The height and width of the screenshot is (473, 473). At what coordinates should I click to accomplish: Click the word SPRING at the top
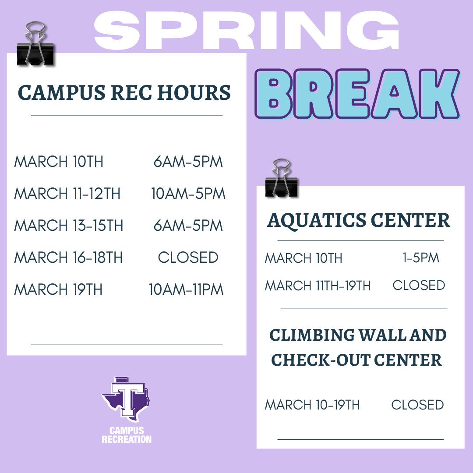coord(247,30)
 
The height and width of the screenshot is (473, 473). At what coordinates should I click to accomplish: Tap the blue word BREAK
coord(357,95)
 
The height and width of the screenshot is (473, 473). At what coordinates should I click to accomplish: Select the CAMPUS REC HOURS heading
coord(124,93)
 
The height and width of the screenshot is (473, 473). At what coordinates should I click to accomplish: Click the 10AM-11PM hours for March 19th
coord(186,289)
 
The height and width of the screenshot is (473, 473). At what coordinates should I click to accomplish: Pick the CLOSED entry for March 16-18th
coord(188,258)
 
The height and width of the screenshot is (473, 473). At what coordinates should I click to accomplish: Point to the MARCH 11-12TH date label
coord(67,194)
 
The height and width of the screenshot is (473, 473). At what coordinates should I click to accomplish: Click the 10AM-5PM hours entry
coord(188,194)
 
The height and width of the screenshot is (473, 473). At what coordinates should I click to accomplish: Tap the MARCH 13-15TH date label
coord(69,226)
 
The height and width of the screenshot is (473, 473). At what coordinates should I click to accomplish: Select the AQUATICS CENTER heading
coord(359,220)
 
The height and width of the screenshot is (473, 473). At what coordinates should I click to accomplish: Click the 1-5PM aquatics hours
coord(420,258)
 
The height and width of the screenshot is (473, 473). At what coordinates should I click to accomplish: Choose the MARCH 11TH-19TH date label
coord(318,286)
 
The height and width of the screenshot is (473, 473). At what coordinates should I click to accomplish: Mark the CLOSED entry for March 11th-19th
coord(419,286)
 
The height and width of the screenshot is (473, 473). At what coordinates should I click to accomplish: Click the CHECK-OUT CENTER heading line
coord(357,360)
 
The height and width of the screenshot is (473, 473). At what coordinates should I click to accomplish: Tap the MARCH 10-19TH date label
coord(312,405)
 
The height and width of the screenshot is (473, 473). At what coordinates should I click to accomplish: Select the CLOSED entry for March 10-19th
coord(417,405)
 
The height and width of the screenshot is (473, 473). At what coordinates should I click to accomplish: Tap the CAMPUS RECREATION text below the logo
coord(126,435)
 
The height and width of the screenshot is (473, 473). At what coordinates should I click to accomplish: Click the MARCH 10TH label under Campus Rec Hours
coord(59,162)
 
